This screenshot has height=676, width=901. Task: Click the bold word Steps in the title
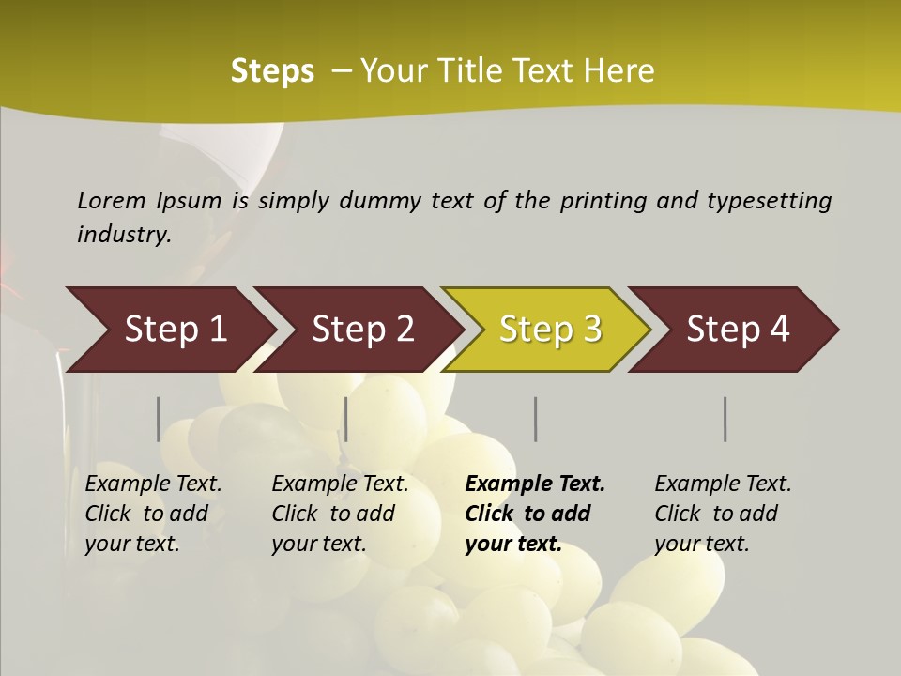[272, 71]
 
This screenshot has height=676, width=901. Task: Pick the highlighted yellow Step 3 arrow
[550, 330]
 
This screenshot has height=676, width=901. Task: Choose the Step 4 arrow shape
[738, 330]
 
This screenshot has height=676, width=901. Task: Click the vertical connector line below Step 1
[159, 419]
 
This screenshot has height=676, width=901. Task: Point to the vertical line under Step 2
[346, 419]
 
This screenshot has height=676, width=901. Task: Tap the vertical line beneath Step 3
[536, 419]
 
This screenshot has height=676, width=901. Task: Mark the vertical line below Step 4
[725, 419]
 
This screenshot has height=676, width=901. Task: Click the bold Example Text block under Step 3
[535, 514]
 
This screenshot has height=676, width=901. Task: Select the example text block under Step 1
[153, 514]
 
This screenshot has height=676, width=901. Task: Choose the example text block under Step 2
[340, 514]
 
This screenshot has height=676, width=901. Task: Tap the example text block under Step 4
[723, 514]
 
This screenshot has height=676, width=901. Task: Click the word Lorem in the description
[112, 200]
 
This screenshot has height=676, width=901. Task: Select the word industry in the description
[124, 234]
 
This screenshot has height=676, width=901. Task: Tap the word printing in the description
[603, 201]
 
